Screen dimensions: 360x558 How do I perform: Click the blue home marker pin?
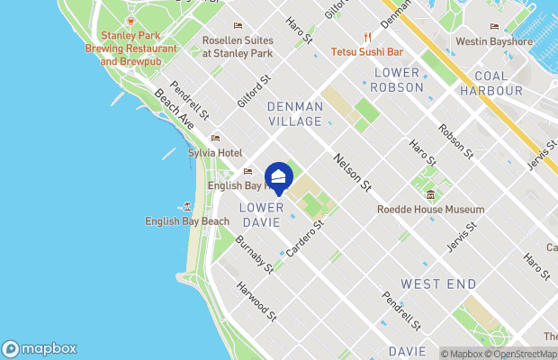pos(279,175)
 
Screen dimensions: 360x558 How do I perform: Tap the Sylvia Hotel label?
pos(214,153)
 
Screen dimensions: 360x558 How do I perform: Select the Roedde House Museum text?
pos(430,210)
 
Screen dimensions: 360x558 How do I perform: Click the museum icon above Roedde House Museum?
pos(430,195)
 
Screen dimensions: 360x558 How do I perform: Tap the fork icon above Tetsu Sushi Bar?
pos(367,36)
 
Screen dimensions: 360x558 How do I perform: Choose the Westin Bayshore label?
pos(493,41)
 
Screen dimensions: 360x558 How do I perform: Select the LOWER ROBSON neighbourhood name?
pos(397,79)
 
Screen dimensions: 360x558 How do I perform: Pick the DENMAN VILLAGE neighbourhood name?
pos(294,113)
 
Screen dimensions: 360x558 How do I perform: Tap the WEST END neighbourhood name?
pos(438,283)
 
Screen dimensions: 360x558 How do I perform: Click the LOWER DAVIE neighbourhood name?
pos(263,214)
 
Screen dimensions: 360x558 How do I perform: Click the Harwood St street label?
pos(256,301)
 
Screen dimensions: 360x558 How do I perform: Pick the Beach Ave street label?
pos(174,107)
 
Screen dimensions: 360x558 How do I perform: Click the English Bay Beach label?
pos(187,221)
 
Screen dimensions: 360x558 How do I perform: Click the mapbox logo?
pos(40,348)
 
